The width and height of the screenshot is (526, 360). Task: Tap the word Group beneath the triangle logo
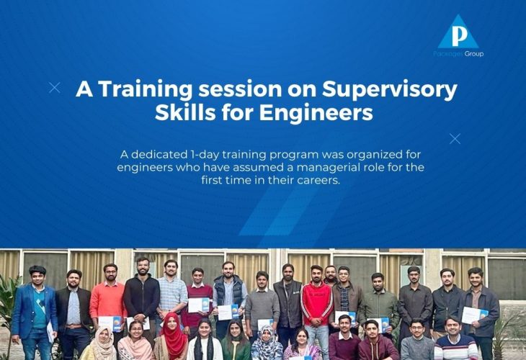click(474, 54)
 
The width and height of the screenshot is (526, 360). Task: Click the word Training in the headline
click(146, 90)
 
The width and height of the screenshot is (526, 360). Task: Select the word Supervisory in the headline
click(390, 90)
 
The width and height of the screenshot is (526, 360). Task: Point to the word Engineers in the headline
click(316, 112)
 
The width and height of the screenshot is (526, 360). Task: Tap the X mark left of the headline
click(54, 88)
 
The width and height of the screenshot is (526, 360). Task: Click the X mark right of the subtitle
click(455, 138)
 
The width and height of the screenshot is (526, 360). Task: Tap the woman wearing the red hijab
click(173, 337)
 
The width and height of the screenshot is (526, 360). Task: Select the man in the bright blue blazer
click(34, 312)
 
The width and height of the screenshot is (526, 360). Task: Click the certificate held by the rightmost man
click(474, 316)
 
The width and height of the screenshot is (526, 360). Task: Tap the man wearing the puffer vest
click(229, 298)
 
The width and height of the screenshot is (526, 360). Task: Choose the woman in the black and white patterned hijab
click(267, 343)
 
